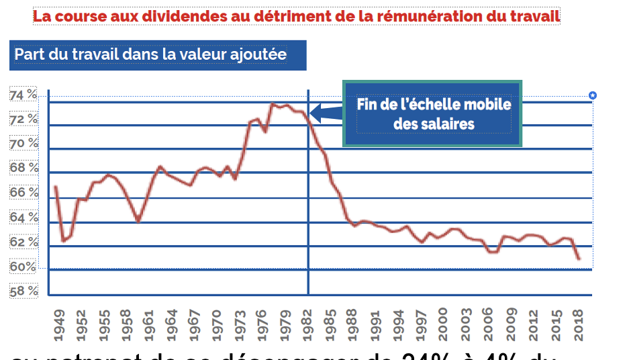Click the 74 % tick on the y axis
click(x=23, y=96)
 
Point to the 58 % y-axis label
click(x=23, y=291)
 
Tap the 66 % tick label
click(x=23, y=193)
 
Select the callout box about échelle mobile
click(x=432, y=114)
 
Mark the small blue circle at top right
click(x=593, y=95)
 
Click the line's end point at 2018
click(x=579, y=259)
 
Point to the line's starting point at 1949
click(x=56, y=187)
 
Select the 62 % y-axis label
click(x=23, y=242)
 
